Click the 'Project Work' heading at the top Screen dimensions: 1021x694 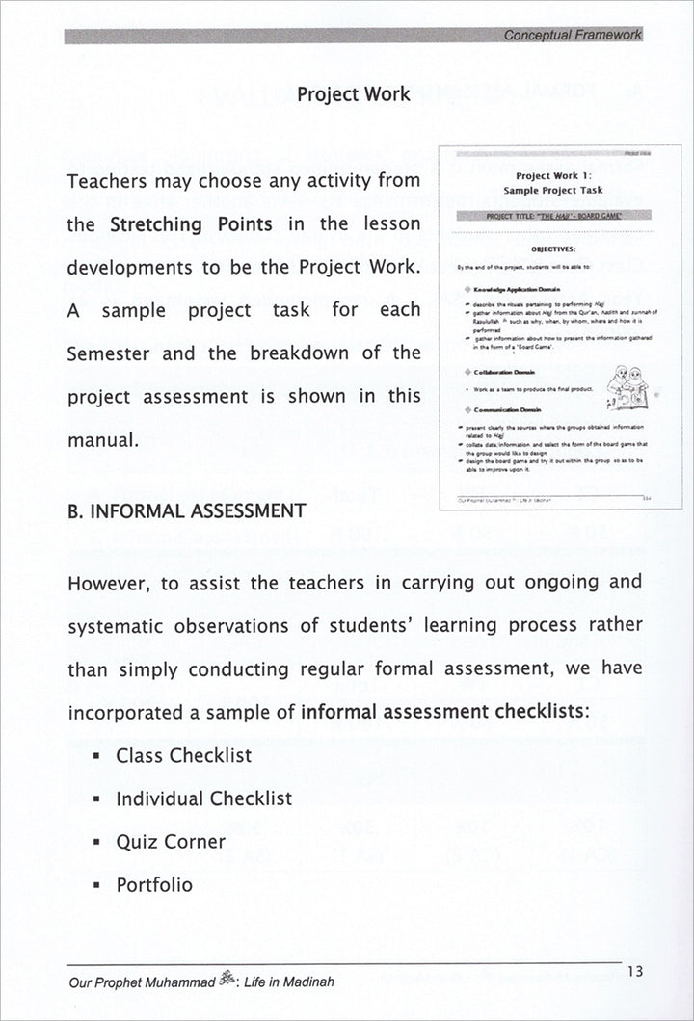(353, 94)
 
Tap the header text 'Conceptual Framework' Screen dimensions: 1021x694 (573, 36)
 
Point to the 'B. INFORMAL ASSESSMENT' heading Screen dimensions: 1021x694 (187, 510)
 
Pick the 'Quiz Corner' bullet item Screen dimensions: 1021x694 (171, 842)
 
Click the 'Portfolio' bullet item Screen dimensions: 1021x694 (154, 885)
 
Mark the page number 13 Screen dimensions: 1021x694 (634, 972)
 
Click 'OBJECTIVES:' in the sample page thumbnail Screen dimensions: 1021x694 (559, 248)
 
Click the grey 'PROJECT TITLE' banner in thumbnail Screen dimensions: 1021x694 (559, 216)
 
